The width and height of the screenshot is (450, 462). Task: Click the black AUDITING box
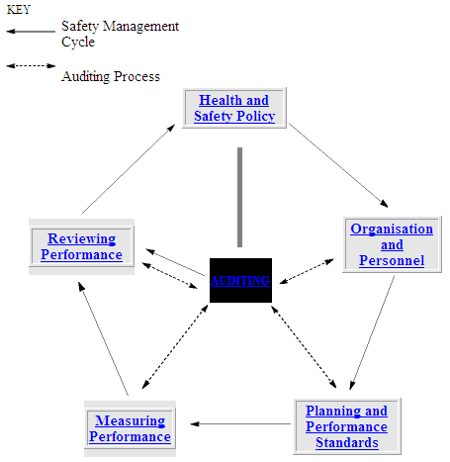240,280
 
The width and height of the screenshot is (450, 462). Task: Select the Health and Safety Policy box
234,108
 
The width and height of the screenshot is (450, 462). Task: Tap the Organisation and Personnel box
392,244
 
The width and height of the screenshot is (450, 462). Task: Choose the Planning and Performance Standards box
347,426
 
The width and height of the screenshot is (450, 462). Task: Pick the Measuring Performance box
130,428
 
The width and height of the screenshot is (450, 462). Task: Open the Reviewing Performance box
81,246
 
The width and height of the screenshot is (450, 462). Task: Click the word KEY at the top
19,10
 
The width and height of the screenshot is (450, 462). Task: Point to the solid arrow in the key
31,32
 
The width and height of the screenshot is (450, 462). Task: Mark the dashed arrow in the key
31,66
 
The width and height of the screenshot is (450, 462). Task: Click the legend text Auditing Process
111,76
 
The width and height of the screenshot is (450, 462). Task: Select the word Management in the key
140,26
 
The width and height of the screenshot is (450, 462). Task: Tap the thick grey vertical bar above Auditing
239,197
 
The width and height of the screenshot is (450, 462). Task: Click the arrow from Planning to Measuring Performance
240,423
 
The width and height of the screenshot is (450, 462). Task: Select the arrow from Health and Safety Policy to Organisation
338,165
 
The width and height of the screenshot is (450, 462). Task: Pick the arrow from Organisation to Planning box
372,332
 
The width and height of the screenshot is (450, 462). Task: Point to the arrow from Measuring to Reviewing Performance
103,338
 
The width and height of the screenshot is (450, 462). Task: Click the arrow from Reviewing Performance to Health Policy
129,169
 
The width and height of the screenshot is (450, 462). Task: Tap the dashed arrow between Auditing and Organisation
307,271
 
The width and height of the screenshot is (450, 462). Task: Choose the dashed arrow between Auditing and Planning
304,346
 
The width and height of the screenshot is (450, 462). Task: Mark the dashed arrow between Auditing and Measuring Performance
175,346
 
